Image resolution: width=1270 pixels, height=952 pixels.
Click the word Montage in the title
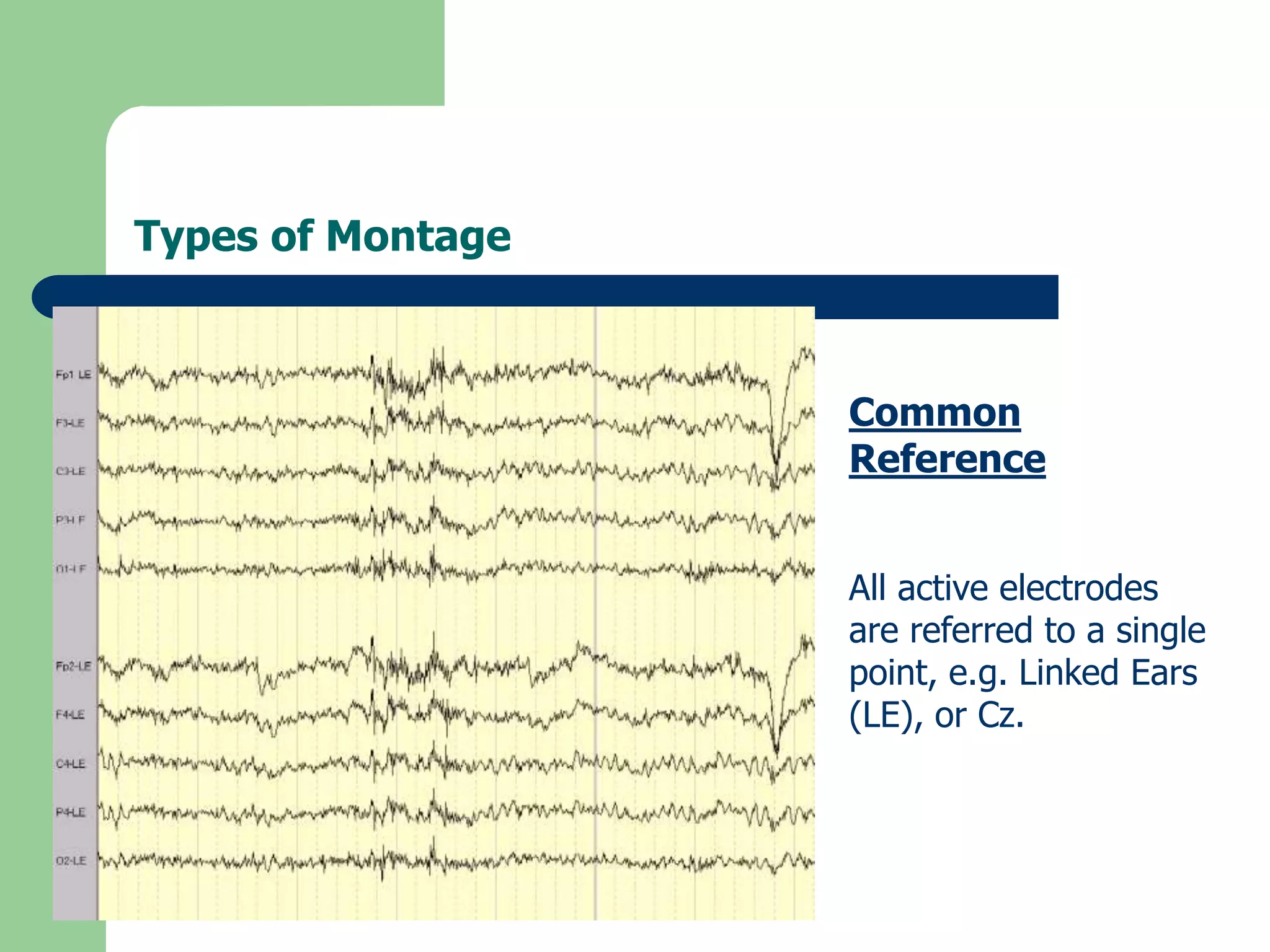coord(418,236)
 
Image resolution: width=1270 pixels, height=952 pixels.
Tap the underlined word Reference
coord(947,459)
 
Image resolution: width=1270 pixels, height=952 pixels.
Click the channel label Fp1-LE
coord(73,374)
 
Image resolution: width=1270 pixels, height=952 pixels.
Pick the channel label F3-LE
coord(71,423)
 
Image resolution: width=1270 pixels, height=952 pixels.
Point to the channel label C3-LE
coord(71,471)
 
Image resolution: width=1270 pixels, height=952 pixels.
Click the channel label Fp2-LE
coord(73,666)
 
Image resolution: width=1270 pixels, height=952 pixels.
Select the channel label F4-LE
coord(71,715)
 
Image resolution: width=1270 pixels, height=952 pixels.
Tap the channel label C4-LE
coord(71,764)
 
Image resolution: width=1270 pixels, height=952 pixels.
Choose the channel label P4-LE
coord(71,812)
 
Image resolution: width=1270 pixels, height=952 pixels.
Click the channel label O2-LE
coord(71,861)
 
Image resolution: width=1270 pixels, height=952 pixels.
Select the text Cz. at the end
coord(1000,715)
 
